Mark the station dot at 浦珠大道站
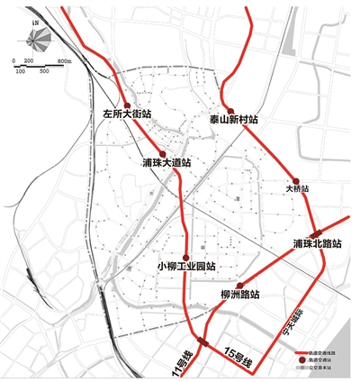coord(163,150)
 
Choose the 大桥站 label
coord(298,189)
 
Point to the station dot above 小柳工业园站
coord(186,253)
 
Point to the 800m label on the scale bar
coord(65,59)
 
